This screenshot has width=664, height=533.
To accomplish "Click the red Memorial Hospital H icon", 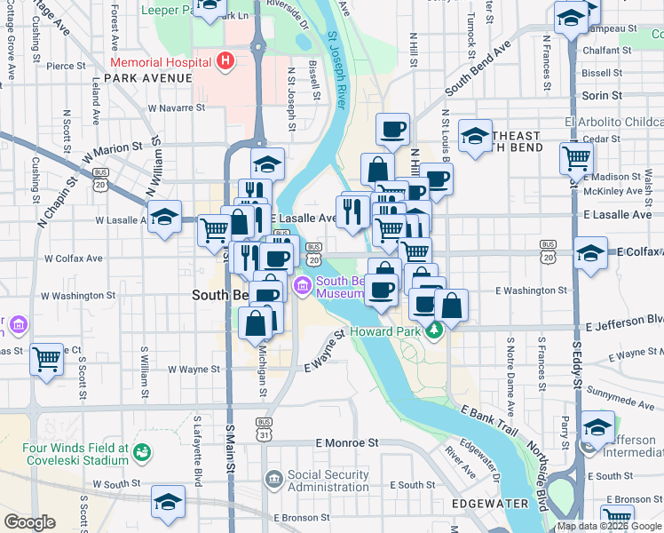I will coord(225,61).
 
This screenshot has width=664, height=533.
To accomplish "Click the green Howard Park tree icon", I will coord(434,331).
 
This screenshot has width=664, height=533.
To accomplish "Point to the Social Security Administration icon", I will coord(273,480).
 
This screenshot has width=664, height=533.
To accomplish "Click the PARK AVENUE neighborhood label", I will coord(147,78).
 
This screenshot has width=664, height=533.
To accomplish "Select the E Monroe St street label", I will coord(347,442).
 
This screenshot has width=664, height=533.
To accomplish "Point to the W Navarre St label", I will coord(176,107).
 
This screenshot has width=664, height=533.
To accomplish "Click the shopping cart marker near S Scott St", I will coord(46,360).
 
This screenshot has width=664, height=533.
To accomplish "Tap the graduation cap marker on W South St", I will coord(168,502).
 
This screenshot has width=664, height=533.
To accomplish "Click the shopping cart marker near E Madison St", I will coord(577,158).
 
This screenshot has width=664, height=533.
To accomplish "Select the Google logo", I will coord(29,521).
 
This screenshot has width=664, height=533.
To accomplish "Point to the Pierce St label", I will coord(66,66).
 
